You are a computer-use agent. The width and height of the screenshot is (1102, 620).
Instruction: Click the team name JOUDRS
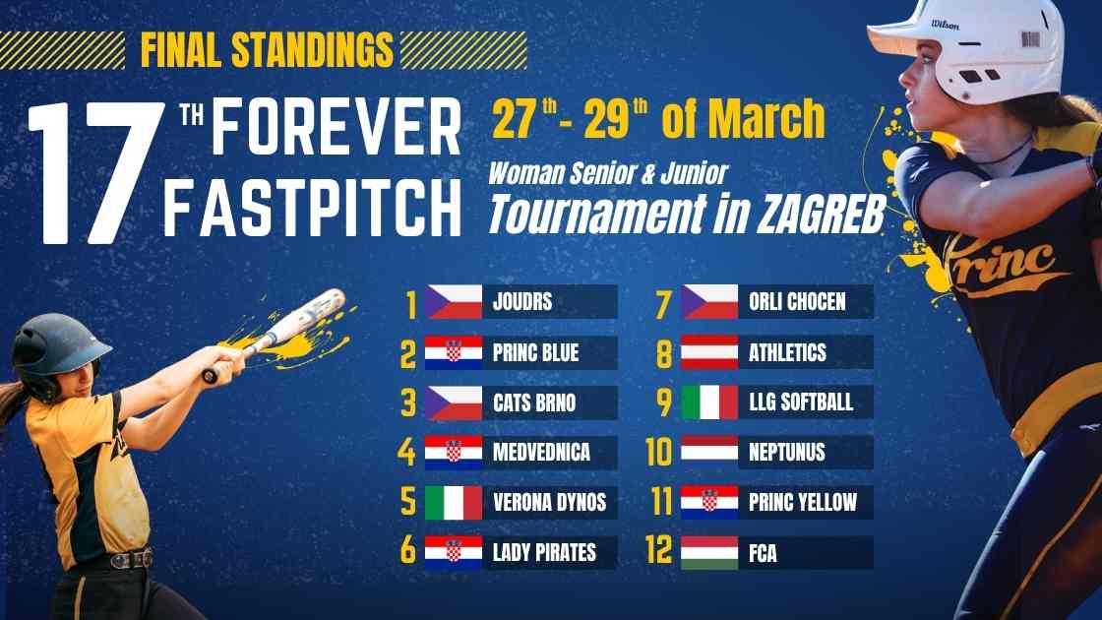(x=521, y=302)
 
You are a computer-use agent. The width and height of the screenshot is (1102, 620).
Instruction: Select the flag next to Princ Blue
(x=454, y=352)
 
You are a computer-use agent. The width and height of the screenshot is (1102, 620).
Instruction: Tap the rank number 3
(x=408, y=403)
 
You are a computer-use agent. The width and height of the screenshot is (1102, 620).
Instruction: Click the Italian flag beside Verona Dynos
(x=454, y=503)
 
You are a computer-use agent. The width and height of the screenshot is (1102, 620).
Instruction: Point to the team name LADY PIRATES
(x=544, y=552)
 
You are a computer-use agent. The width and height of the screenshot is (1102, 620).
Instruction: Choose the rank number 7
(x=664, y=302)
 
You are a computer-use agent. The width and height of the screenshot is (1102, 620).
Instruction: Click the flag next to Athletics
(x=709, y=352)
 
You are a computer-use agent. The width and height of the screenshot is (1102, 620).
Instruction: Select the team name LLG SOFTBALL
(x=800, y=403)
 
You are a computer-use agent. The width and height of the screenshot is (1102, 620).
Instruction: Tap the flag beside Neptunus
(x=709, y=453)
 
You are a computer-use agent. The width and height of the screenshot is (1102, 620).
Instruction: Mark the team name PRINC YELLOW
(x=802, y=503)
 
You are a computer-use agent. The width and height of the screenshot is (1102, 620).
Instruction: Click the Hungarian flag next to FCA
(x=709, y=552)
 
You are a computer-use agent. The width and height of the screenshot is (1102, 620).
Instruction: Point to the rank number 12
(x=658, y=552)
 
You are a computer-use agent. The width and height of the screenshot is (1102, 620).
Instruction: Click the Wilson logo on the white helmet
(x=946, y=25)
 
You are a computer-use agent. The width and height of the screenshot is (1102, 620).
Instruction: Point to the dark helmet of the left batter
(x=61, y=343)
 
